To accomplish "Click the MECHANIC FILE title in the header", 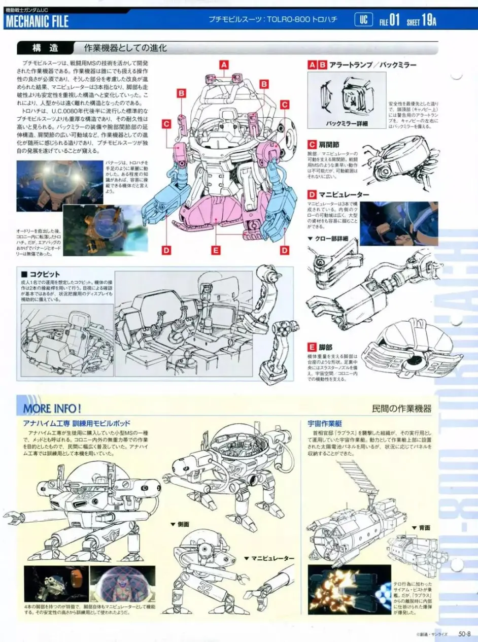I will click(x=37, y=21).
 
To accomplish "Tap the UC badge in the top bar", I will click(x=363, y=20).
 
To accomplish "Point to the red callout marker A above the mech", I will click(x=223, y=64).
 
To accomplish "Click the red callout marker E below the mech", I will click(x=216, y=250).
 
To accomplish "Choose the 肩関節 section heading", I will click(x=330, y=145).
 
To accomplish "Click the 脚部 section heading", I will click(x=325, y=347).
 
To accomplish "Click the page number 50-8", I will click(x=465, y=633).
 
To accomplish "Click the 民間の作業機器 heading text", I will click(x=401, y=408).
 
